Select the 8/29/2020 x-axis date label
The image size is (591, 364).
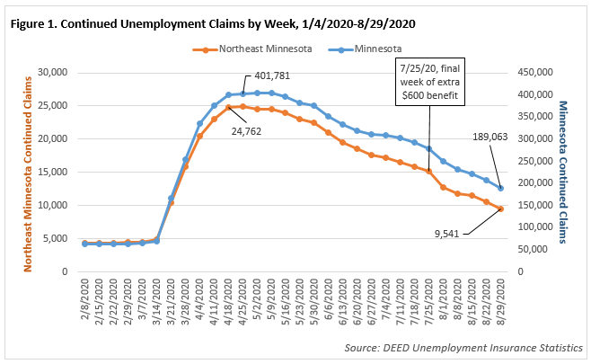(x=500, y=302)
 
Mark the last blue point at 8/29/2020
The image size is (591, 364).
(x=500, y=188)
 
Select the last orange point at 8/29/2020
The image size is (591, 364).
(x=500, y=209)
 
